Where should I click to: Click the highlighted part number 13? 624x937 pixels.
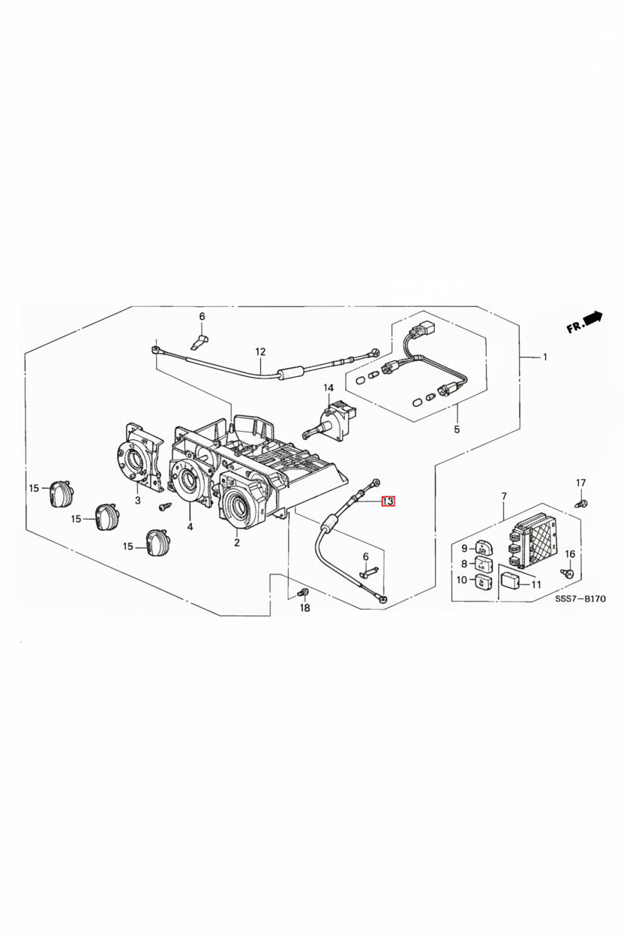388,501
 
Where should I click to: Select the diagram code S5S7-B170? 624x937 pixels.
580,599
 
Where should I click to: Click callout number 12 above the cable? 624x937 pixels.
260,352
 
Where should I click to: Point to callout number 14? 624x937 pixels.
328,387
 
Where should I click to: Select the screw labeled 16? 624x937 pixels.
567,573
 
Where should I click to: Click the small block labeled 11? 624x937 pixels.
510,580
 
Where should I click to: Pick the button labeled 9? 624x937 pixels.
484,547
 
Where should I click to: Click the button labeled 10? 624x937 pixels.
483,581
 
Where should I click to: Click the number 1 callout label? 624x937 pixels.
544,357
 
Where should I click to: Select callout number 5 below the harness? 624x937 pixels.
457,429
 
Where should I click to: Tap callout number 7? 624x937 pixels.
504,496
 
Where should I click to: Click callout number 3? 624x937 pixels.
137,500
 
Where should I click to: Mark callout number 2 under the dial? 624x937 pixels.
237,543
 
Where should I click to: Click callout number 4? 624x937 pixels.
190,526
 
